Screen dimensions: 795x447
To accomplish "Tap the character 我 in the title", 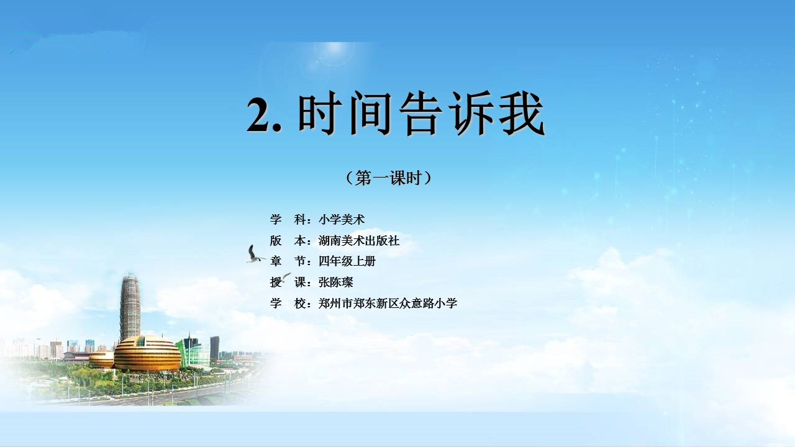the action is pyautogui.click(x=522, y=113).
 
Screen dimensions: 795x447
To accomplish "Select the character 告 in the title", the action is pyautogui.click(x=421, y=113).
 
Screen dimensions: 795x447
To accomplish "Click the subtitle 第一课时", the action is pyautogui.click(x=388, y=178).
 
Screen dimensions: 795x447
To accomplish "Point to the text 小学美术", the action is pyautogui.click(x=342, y=220).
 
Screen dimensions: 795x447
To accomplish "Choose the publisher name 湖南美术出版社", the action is pyautogui.click(x=359, y=241).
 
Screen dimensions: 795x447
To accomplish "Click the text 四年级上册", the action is pyautogui.click(x=347, y=261).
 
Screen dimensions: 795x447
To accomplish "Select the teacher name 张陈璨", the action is pyautogui.click(x=336, y=282).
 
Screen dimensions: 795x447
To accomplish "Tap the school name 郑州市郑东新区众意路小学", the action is pyautogui.click(x=388, y=304).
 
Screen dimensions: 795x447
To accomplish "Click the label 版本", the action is pyautogui.click(x=288, y=241).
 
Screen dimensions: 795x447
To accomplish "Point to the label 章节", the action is pyautogui.click(x=288, y=261).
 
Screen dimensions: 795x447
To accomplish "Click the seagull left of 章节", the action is pyautogui.click(x=255, y=255).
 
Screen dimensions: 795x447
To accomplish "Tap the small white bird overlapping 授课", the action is pyautogui.click(x=285, y=278).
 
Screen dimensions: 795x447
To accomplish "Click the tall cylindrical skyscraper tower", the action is pyautogui.click(x=130, y=307).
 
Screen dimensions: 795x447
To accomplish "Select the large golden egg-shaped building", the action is pyautogui.click(x=147, y=353).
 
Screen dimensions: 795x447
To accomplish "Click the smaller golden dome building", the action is pyautogui.click(x=101, y=359).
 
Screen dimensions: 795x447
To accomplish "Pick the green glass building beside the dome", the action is pyautogui.click(x=193, y=352).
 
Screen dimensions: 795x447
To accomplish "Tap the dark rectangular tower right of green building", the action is pyautogui.click(x=214, y=348).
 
